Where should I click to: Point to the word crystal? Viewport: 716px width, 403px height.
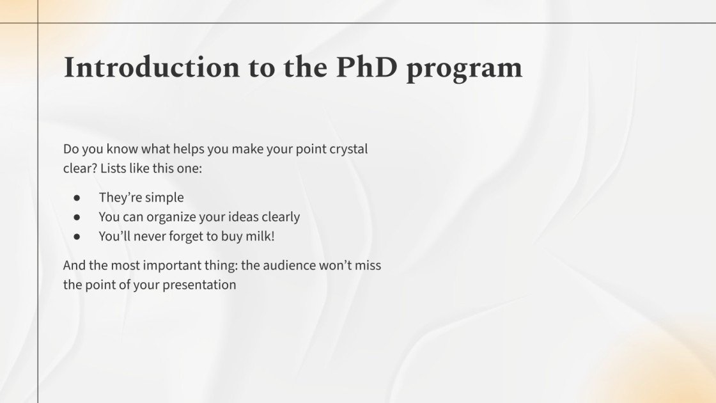point(348,150)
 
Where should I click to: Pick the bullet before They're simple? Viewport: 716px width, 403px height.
point(77,198)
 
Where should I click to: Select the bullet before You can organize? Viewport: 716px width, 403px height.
point(77,217)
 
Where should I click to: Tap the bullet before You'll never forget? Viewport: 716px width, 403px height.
point(77,236)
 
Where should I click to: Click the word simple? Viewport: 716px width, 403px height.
point(164,198)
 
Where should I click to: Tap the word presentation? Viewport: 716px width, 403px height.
point(199,285)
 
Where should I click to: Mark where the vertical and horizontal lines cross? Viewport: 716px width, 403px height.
point(38,23)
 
